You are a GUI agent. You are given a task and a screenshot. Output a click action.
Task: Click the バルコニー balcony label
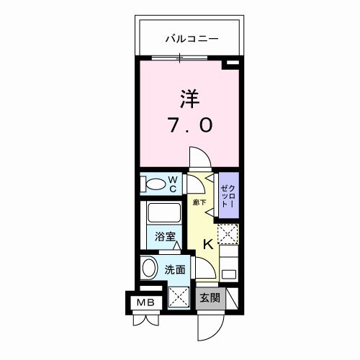[x=192, y=39]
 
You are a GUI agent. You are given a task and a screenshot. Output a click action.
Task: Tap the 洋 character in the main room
[x=189, y=99]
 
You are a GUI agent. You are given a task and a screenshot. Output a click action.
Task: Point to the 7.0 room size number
[x=191, y=125]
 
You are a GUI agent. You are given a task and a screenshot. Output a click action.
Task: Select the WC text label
[x=173, y=184]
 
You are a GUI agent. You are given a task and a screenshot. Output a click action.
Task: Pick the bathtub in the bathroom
[x=164, y=213]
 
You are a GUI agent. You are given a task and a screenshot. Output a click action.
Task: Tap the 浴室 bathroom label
[x=165, y=237]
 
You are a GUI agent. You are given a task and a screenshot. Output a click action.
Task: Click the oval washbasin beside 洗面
[x=150, y=268]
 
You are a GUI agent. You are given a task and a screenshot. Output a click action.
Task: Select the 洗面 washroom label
[x=175, y=270]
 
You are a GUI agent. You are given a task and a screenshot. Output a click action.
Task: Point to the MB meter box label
[x=145, y=302]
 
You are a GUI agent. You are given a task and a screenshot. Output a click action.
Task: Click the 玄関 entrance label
[x=210, y=298]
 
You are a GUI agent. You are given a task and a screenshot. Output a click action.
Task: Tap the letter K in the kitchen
[x=208, y=245]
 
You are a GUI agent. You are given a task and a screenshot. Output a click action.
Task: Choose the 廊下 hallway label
[x=199, y=202]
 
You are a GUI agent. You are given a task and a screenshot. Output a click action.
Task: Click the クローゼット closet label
[x=228, y=197]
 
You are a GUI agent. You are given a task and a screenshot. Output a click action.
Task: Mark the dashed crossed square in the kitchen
[x=228, y=234]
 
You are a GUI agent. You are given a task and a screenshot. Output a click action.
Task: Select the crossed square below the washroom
[x=179, y=297]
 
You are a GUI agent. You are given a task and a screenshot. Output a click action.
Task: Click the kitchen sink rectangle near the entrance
[x=229, y=274]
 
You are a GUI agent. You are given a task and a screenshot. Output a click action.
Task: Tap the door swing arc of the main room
[x=201, y=156]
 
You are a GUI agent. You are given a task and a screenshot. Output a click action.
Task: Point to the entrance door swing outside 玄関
[x=211, y=328]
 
